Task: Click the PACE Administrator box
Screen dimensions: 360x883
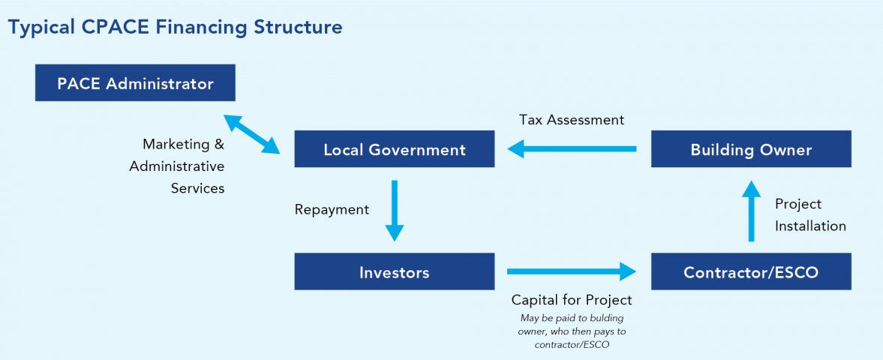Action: [x=135, y=82]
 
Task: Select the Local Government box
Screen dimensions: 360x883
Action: [x=394, y=149]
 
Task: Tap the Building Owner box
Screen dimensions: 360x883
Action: [x=751, y=149]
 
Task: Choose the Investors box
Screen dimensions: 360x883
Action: [x=394, y=271]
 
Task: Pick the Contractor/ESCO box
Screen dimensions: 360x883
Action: [x=751, y=271]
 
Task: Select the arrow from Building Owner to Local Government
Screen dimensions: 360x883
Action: [x=572, y=149]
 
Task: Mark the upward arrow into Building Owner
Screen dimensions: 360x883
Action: [x=751, y=214]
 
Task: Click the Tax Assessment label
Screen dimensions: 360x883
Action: [x=571, y=120]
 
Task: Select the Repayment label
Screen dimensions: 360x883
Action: [x=332, y=210]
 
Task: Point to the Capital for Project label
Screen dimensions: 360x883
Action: [x=572, y=300]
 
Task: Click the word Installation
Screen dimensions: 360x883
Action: [x=810, y=226]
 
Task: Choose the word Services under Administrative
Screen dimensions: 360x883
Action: [x=197, y=188]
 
